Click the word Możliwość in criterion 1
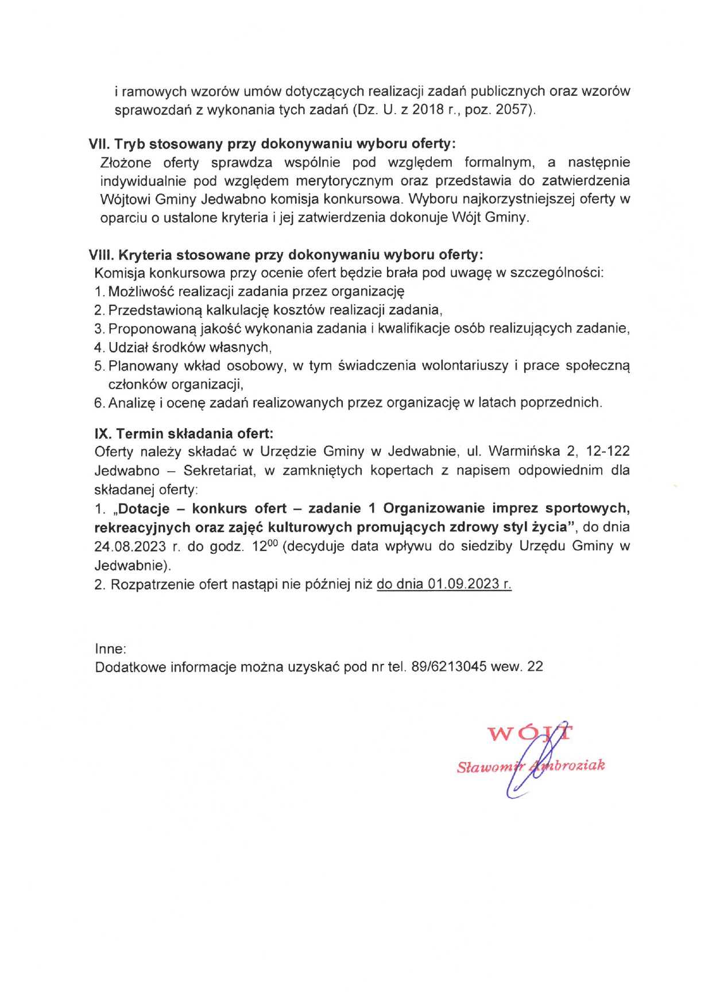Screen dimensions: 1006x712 tap(141, 292)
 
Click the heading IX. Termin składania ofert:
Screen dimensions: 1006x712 tap(184, 433)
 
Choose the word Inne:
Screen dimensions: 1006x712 tap(111, 649)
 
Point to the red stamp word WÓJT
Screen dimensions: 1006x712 tap(529, 733)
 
